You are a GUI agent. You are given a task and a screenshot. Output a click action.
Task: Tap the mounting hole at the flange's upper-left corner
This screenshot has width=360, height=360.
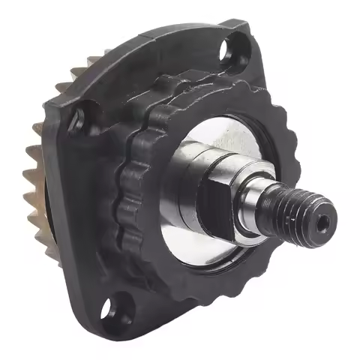point(74,121)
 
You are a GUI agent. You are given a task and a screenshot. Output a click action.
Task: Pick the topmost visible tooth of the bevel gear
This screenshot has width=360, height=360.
point(79,70)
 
